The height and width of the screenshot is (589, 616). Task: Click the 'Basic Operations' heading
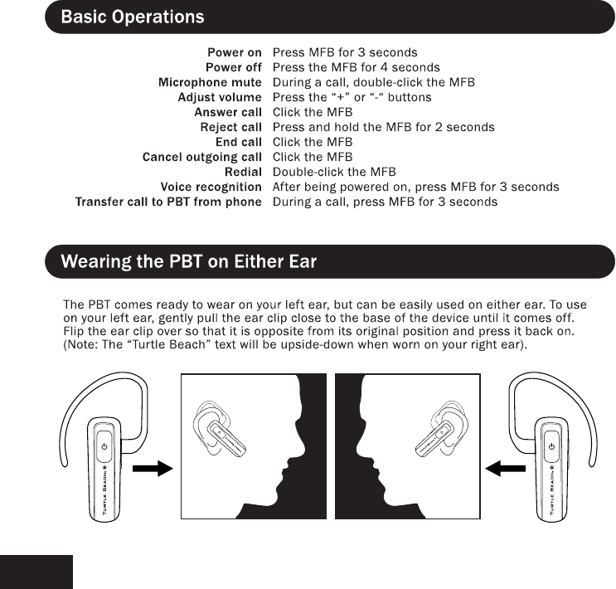[132, 17]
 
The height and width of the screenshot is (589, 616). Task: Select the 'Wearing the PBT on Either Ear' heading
[189, 263]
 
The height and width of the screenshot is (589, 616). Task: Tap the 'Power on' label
[235, 52]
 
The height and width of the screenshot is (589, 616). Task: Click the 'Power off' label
[234, 67]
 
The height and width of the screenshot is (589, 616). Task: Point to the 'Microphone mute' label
[210, 82]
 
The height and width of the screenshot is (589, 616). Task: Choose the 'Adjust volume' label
[220, 97]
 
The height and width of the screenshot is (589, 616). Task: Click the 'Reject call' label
[230, 127]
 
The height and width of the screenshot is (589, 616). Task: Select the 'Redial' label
[243, 172]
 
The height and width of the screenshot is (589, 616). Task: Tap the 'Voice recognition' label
[211, 187]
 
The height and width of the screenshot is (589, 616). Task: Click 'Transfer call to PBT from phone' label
[168, 202]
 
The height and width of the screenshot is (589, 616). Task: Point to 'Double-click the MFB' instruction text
[334, 172]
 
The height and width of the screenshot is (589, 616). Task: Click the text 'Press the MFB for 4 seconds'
[357, 67]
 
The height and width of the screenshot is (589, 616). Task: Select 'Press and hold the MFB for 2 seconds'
[383, 127]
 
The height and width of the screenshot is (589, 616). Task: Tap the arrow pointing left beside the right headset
[505, 469]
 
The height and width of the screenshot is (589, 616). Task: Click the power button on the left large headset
[104, 446]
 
